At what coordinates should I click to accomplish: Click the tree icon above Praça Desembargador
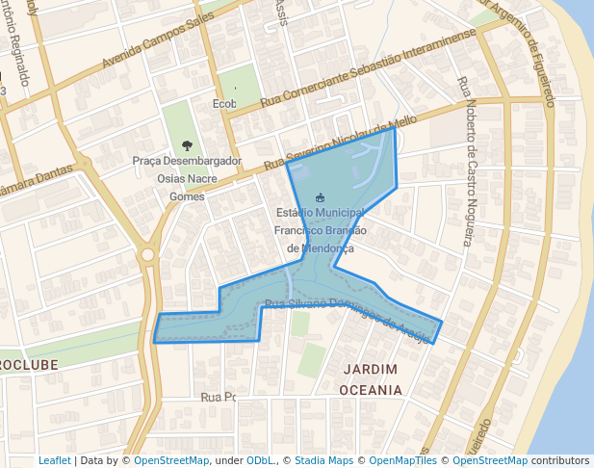click(x=187, y=145)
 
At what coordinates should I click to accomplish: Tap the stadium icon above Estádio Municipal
click(x=321, y=197)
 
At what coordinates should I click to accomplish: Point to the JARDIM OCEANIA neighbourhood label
click(x=370, y=379)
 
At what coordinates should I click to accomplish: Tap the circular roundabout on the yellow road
click(x=147, y=255)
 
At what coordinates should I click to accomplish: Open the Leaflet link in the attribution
click(x=54, y=461)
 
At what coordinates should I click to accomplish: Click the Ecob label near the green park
click(x=223, y=103)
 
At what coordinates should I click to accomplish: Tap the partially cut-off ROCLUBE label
click(x=29, y=365)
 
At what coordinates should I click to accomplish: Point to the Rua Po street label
click(x=218, y=397)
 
